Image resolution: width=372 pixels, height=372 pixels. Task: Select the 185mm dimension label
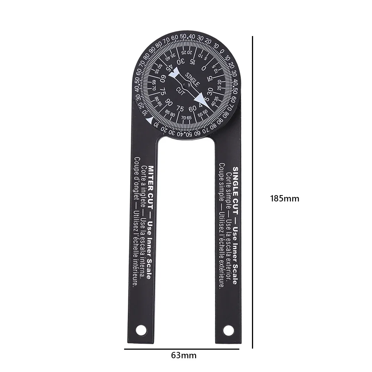(285, 198)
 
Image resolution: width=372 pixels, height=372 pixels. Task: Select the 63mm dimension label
(184, 355)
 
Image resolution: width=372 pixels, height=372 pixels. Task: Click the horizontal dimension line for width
(183, 349)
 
